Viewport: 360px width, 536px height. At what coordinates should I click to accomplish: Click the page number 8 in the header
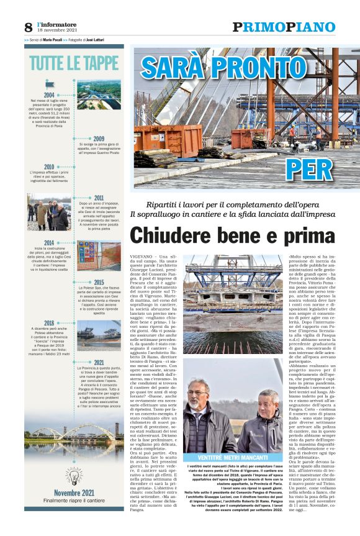tap(28, 27)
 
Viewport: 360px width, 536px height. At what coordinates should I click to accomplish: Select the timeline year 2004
tap(49, 94)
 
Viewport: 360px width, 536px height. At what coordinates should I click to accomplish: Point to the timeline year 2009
tap(99, 139)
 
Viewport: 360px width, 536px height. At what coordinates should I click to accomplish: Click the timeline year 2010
tap(49, 166)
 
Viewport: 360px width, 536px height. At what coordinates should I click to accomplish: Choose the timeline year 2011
tap(99, 198)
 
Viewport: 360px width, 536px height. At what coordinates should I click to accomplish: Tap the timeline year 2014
tap(49, 243)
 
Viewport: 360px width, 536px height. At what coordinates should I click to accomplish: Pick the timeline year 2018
tap(49, 323)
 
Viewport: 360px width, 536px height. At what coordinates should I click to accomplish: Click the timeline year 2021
tap(99, 362)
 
